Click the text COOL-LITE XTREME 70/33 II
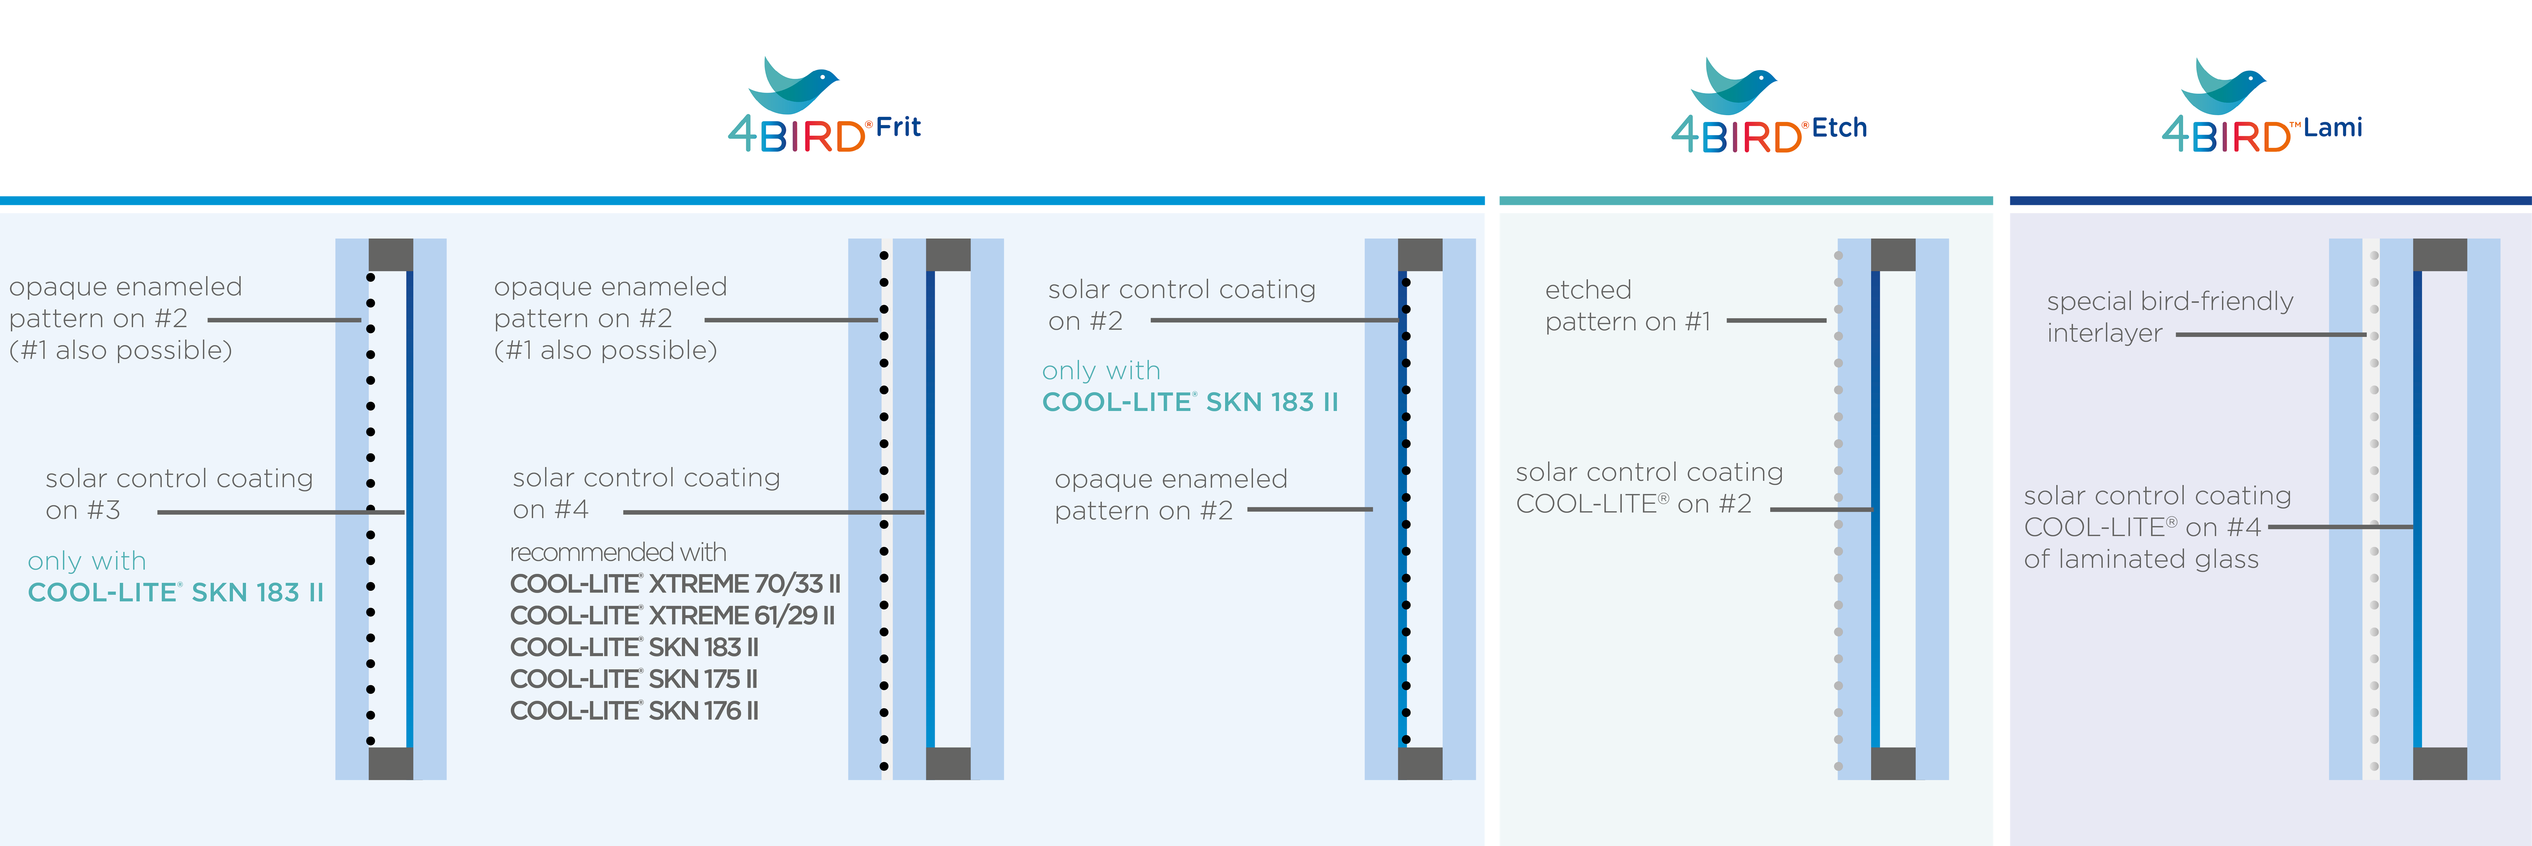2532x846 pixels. click(x=674, y=584)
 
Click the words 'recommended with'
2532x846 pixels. click(x=617, y=552)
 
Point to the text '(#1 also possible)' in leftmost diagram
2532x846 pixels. click(x=120, y=350)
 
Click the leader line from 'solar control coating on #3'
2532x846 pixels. click(x=280, y=512)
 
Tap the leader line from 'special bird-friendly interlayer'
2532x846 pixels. click(x=2270, y=335)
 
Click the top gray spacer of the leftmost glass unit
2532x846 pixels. click(x=390, y=255)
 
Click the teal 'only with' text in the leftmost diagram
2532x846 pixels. click(x=87, y=561)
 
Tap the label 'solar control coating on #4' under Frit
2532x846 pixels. click(x=646, y=493)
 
